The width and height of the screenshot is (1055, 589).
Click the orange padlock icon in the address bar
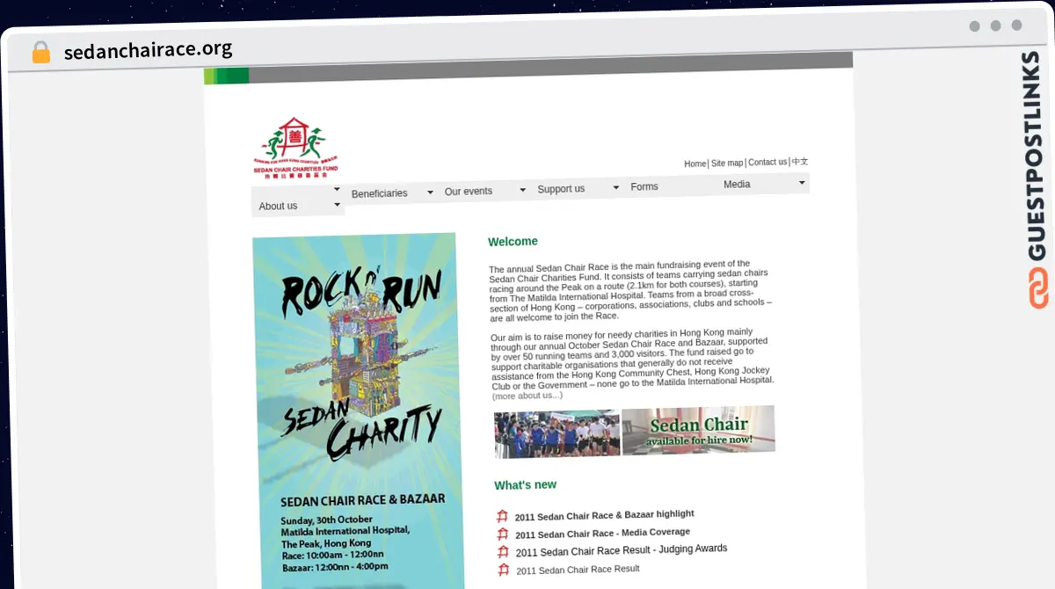[41, 52]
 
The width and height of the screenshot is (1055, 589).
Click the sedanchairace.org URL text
[148, 49]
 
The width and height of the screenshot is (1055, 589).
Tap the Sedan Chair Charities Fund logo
[295, 149]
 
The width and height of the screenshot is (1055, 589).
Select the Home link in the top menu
[695, 164]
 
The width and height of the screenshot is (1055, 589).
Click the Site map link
[727, 164]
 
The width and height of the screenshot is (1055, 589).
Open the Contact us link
[768, 163]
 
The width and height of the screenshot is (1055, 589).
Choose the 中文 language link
[800, 162]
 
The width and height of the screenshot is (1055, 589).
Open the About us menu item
[278, 206]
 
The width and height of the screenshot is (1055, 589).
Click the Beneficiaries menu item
[379, 193]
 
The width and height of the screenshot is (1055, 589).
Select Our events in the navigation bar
[469, 191]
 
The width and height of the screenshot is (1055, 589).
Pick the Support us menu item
[561, 189]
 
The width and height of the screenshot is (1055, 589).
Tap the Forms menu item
[644, 186]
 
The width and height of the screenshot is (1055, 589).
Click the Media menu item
[737, 185]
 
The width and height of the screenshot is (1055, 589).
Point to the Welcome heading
[513, 242]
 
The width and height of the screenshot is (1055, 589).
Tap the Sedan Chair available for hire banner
[698, 430]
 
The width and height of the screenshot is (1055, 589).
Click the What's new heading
[525, 485]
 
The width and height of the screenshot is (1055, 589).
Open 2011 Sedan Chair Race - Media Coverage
[602, 533]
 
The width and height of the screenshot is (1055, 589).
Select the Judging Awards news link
[622, 550]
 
